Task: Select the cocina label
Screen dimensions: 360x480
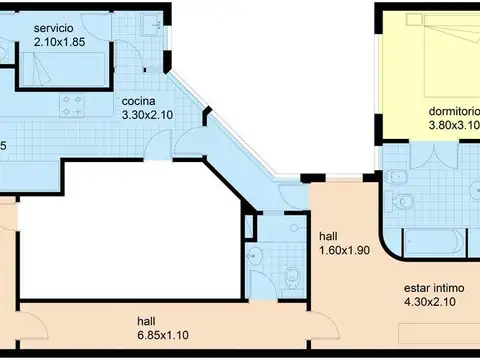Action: pyautogui.click(x=139, y=101)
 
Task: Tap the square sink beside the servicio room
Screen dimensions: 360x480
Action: pyautogui.click(x=148, y=23)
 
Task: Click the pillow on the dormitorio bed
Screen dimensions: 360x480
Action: pyautogui.click(x=469, y=35)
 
